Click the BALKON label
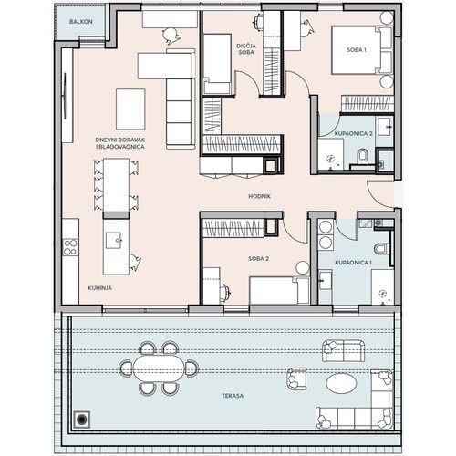tap(81, 22)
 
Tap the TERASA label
tap(233, 396)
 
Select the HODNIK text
tap(259, 196)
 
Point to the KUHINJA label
tap(99, 288)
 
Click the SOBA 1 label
tap(357, 50)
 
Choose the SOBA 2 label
tap(258, 259)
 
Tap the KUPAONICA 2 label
tap(353, 133)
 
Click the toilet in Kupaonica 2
tap(363, 156)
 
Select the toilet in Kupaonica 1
tap(382, 248)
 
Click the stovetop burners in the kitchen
tap(70, 247)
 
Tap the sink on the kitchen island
tap(113, 241)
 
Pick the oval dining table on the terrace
tap(159, 368)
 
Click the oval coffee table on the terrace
tap(341, 383)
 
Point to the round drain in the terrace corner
tap(81, 420)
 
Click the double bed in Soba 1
tap(361, 50)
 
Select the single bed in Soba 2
tap(279, 291)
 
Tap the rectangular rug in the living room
tap(130, 109)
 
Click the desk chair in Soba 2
tap(225, 293)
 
